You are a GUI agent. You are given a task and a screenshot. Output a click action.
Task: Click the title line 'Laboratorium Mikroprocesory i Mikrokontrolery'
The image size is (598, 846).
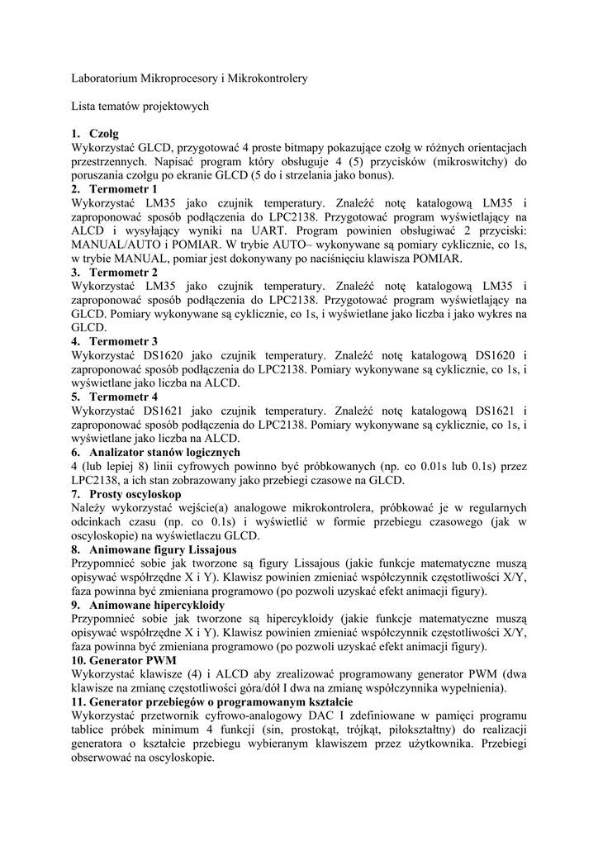click(190, 78)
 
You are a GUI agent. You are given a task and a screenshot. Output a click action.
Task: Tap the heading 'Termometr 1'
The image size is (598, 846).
click(124, 188)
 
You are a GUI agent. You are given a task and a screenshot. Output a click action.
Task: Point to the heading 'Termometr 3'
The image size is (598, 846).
click(124, 340)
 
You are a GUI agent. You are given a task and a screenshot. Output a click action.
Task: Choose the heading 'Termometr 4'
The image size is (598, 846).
click(124, 397)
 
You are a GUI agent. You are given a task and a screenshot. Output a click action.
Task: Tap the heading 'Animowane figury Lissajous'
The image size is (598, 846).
click(164, 549)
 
